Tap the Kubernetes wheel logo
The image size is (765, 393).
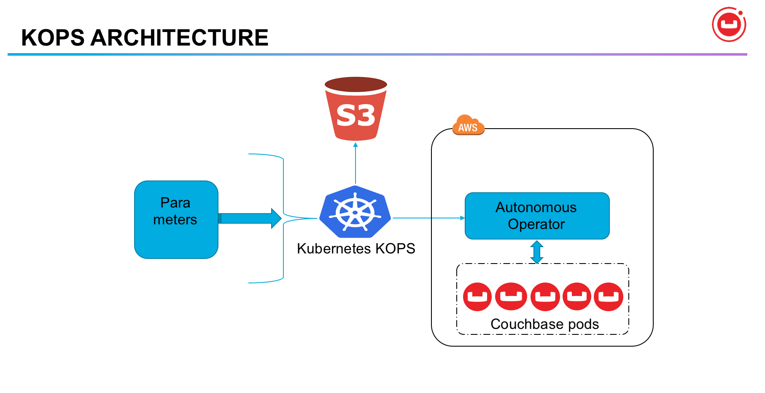tap(355, 212)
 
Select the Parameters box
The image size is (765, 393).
tap(176, 219)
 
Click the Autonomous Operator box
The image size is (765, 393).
tap(536, 215)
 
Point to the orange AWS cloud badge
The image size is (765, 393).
tap(468, 126)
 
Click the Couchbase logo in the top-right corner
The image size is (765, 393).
tap(729, 24)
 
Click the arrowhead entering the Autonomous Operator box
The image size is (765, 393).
tap(462, 218)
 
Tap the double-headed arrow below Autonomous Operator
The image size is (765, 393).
tap(536, 252)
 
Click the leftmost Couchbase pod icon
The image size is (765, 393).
tap(477, 297)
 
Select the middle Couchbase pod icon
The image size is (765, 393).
tap(545, 297)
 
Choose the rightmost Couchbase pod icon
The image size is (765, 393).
tap(608, 297)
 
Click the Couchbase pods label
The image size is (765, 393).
tap(544, 324)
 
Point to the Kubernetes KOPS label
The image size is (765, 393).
tap(356, 248)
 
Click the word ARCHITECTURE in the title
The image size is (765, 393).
tap(179, 38)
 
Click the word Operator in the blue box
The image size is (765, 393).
tap(536, 224)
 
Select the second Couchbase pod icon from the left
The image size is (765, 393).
tap(511, 297)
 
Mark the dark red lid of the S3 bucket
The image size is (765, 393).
tap(356, 83)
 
